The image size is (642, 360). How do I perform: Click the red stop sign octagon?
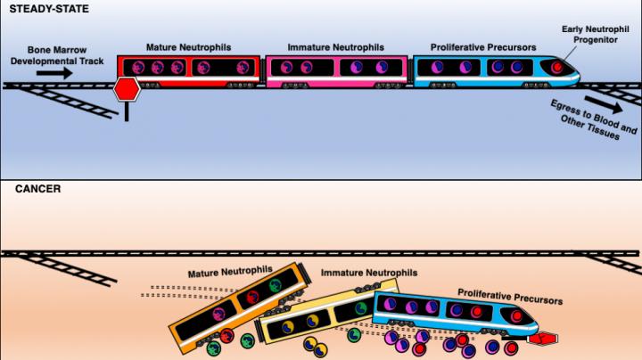[x=128, y=89]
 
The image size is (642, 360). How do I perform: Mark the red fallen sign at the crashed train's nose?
[x=540, y=339]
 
